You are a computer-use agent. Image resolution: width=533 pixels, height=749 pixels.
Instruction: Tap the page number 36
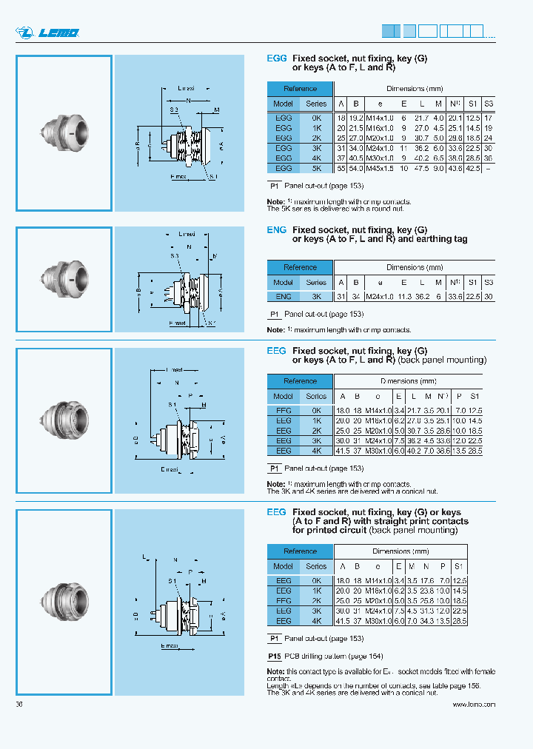point(19,705)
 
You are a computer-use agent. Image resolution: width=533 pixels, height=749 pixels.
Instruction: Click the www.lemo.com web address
point(474,705)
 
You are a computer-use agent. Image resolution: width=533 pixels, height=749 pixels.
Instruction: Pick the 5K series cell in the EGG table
point(316,168)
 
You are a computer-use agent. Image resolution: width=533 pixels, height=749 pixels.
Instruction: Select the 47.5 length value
point(421,168)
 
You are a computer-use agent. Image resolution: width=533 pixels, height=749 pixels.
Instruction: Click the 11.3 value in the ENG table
point(403,296)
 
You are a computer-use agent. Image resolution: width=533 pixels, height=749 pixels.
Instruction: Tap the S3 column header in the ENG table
point(489,282)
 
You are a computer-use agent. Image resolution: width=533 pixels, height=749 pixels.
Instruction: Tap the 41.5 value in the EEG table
point(342,450)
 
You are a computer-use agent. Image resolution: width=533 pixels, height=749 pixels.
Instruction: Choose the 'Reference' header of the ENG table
point(300,267)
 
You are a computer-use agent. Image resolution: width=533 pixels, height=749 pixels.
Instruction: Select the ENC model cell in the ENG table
point(283,296)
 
